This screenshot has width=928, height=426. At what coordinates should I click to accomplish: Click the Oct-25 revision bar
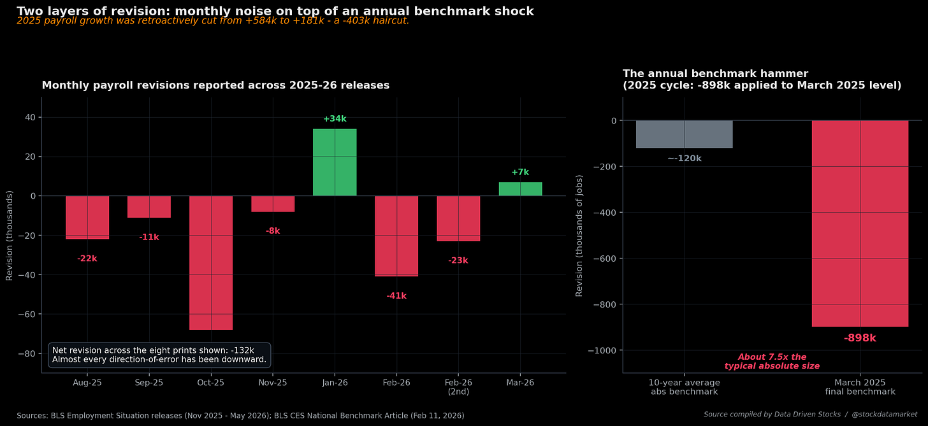(x=211, y=263)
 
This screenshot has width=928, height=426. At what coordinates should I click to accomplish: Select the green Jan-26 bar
(x=335, y=162)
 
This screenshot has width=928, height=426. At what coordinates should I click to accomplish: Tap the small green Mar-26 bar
(x=520, y=188)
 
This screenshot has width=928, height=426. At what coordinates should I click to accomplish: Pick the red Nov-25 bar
(x=273, y=204)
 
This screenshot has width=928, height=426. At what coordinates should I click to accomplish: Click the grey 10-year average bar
(x=685, y=134)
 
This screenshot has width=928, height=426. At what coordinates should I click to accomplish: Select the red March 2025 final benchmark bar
(x=860, y=224)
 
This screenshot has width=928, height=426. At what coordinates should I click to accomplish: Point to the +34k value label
(x=335, y=119)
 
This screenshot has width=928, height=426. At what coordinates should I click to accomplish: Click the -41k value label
(x=396, y=296)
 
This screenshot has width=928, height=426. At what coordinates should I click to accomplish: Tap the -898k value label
(x=860, y=338)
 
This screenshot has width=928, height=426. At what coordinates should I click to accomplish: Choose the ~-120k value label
(x=685, y=159)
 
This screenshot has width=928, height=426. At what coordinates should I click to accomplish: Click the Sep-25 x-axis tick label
(x=149, y=383)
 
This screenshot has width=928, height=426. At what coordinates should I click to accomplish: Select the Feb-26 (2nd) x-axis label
(x=459, y=387)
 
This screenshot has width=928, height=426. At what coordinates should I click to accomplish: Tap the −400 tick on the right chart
(x=605, y=213)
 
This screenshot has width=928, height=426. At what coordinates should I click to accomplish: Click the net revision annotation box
(x=159, y=355)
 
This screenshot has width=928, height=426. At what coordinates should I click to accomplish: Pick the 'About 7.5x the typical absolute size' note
(x=772, y=362)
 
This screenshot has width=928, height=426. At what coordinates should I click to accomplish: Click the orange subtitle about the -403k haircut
(x=213, y=21)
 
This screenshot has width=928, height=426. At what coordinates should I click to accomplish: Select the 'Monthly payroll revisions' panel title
(x=215, y=85)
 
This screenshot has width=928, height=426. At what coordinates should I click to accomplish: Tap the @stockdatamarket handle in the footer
(x=885, y=415)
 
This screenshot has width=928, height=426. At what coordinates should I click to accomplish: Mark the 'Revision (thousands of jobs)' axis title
(x=579, y=236)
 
